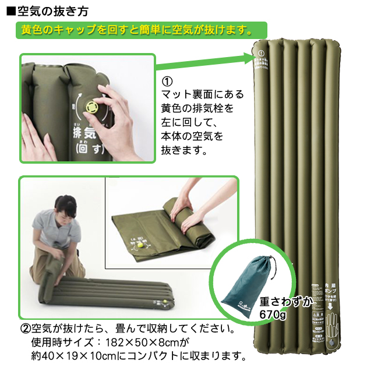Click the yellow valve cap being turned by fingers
(x=93, y=107)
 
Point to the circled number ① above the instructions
(x=167, y=81)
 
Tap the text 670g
(x=274, y=315)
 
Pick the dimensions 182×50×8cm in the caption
(x=139, y=342)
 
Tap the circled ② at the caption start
(x=26, y=329)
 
